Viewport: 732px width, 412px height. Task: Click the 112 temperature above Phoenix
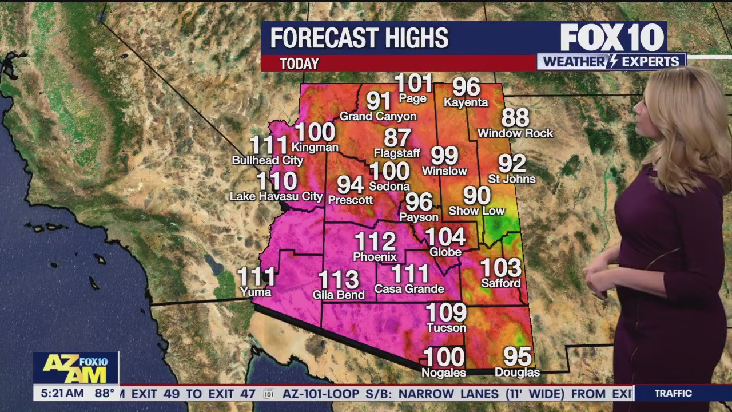[x=375, y=241]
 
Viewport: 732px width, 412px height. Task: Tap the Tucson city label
[x=447, y=328]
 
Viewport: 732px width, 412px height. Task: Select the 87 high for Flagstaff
[x=397, y=138]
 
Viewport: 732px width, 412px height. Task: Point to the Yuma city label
[x=256, y=292]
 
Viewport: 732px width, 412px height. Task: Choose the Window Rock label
[x=515, y=133]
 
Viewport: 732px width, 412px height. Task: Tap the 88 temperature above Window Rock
[x=515, y=118]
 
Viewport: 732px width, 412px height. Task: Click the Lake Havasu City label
[x=276, y=196]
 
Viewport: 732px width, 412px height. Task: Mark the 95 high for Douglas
[x=517, y=356]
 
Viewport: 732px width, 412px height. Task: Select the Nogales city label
[x=444, y=373]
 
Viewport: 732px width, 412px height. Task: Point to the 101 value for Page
[x=413, y=83]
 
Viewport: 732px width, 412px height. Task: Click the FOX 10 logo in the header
[x=612, y=38]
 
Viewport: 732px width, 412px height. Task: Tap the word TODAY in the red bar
[x=299, y=64]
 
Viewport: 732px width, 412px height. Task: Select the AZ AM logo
[x=75, y=369]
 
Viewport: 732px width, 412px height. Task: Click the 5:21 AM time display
[x=59, y=394]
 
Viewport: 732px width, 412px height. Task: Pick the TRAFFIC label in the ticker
[x=673, y=394]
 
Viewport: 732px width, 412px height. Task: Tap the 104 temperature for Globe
[x=445, y=236]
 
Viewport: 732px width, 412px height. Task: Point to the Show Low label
[x=476, y=211]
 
